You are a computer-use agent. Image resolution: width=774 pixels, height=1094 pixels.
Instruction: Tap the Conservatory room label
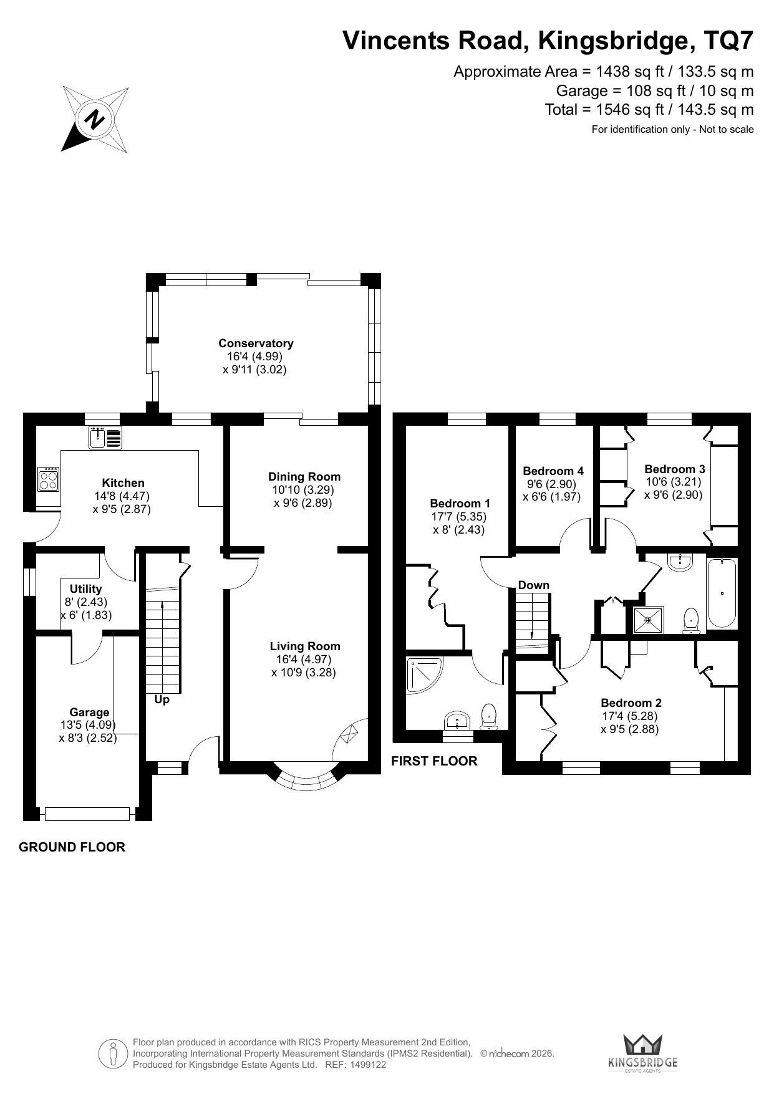click(256, 343)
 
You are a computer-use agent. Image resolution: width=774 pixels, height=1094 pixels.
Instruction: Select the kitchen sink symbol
click(107, 438)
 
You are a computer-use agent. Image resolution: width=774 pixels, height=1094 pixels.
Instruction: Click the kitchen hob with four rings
click(48, 479)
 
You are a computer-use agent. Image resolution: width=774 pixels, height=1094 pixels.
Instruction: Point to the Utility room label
click(86, 589)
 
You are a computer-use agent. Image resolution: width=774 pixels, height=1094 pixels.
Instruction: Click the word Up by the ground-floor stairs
click(162, 700)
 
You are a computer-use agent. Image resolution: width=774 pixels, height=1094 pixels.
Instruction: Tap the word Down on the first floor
click(534, 585)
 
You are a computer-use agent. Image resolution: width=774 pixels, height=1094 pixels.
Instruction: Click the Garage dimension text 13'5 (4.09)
click(89, 725)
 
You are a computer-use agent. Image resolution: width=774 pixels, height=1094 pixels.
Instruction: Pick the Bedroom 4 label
click(553, 471)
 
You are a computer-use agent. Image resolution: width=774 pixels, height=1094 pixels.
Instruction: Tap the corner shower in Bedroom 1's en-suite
click(424, 676)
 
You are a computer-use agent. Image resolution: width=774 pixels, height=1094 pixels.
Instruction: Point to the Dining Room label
click(304, 477)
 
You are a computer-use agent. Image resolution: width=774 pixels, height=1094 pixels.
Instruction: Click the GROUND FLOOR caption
click(72, 847)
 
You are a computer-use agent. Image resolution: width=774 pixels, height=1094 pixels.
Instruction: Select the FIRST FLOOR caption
click(434, 761)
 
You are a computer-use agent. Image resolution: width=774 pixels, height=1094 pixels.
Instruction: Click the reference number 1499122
click(369, 1065)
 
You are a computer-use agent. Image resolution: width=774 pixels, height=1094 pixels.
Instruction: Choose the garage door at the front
click(87, 813)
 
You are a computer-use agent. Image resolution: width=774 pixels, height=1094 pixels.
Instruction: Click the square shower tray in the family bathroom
click(649, 620)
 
